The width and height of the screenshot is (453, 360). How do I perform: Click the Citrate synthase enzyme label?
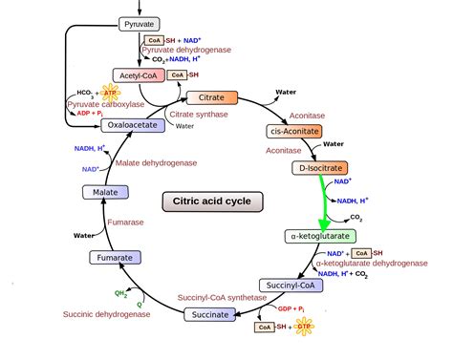(200, 115)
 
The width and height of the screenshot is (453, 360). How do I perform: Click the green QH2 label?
(120, 294)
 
